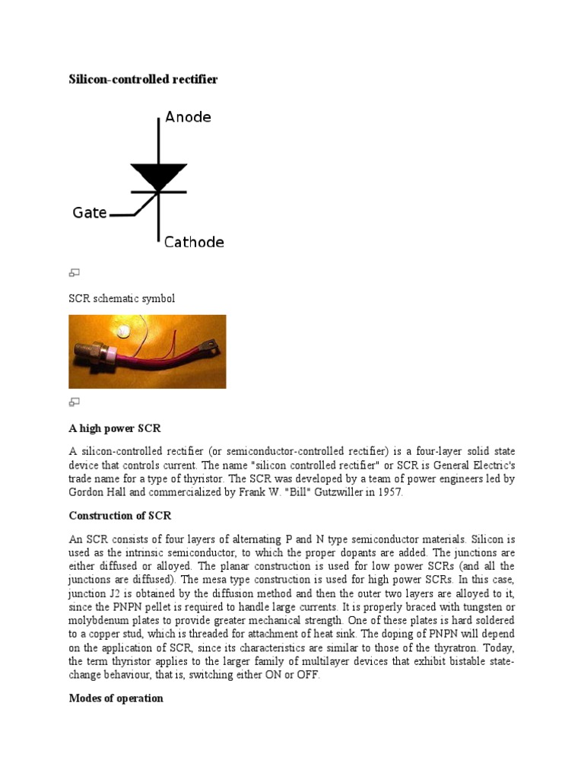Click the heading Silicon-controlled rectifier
pos(143,79)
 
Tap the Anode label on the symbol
pos(189,117)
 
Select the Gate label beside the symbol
pos(90,213)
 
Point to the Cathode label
pos(194,243)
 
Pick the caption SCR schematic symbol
pos(122,298)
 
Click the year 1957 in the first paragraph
pos(389,493)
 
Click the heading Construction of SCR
pos(120,516)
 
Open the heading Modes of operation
pos(116,698)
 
